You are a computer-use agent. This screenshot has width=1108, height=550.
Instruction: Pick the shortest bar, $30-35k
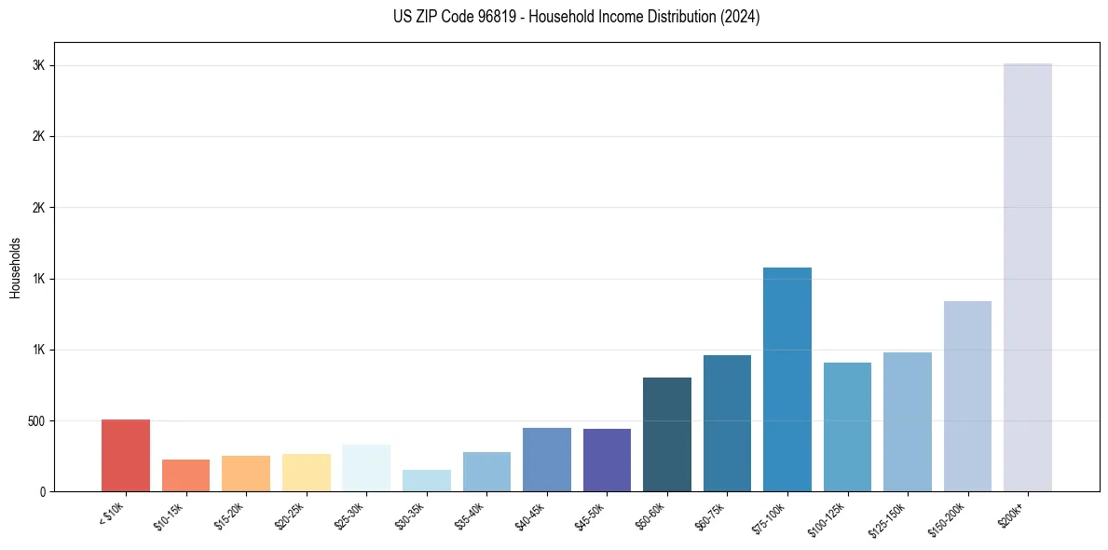click(x=427, y=480)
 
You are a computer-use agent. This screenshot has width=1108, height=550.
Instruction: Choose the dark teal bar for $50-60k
click(x=667, y=433)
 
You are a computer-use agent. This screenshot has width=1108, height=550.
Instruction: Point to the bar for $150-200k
click(x=967, y=395)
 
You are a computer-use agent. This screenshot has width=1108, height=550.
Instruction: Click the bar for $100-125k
click(x=847, y=426)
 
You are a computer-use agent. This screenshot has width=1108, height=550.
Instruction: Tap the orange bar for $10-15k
click(x=185, y=475)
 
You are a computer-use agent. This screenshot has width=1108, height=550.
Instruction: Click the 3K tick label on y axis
click(x=38, y=65)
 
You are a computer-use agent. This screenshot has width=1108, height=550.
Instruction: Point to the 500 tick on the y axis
click(x=36, y=420)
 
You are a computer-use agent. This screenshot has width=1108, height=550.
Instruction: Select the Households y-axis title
click(x=16, y=268)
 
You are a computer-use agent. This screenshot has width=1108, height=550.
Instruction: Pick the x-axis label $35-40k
click(x=470, y=515)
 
